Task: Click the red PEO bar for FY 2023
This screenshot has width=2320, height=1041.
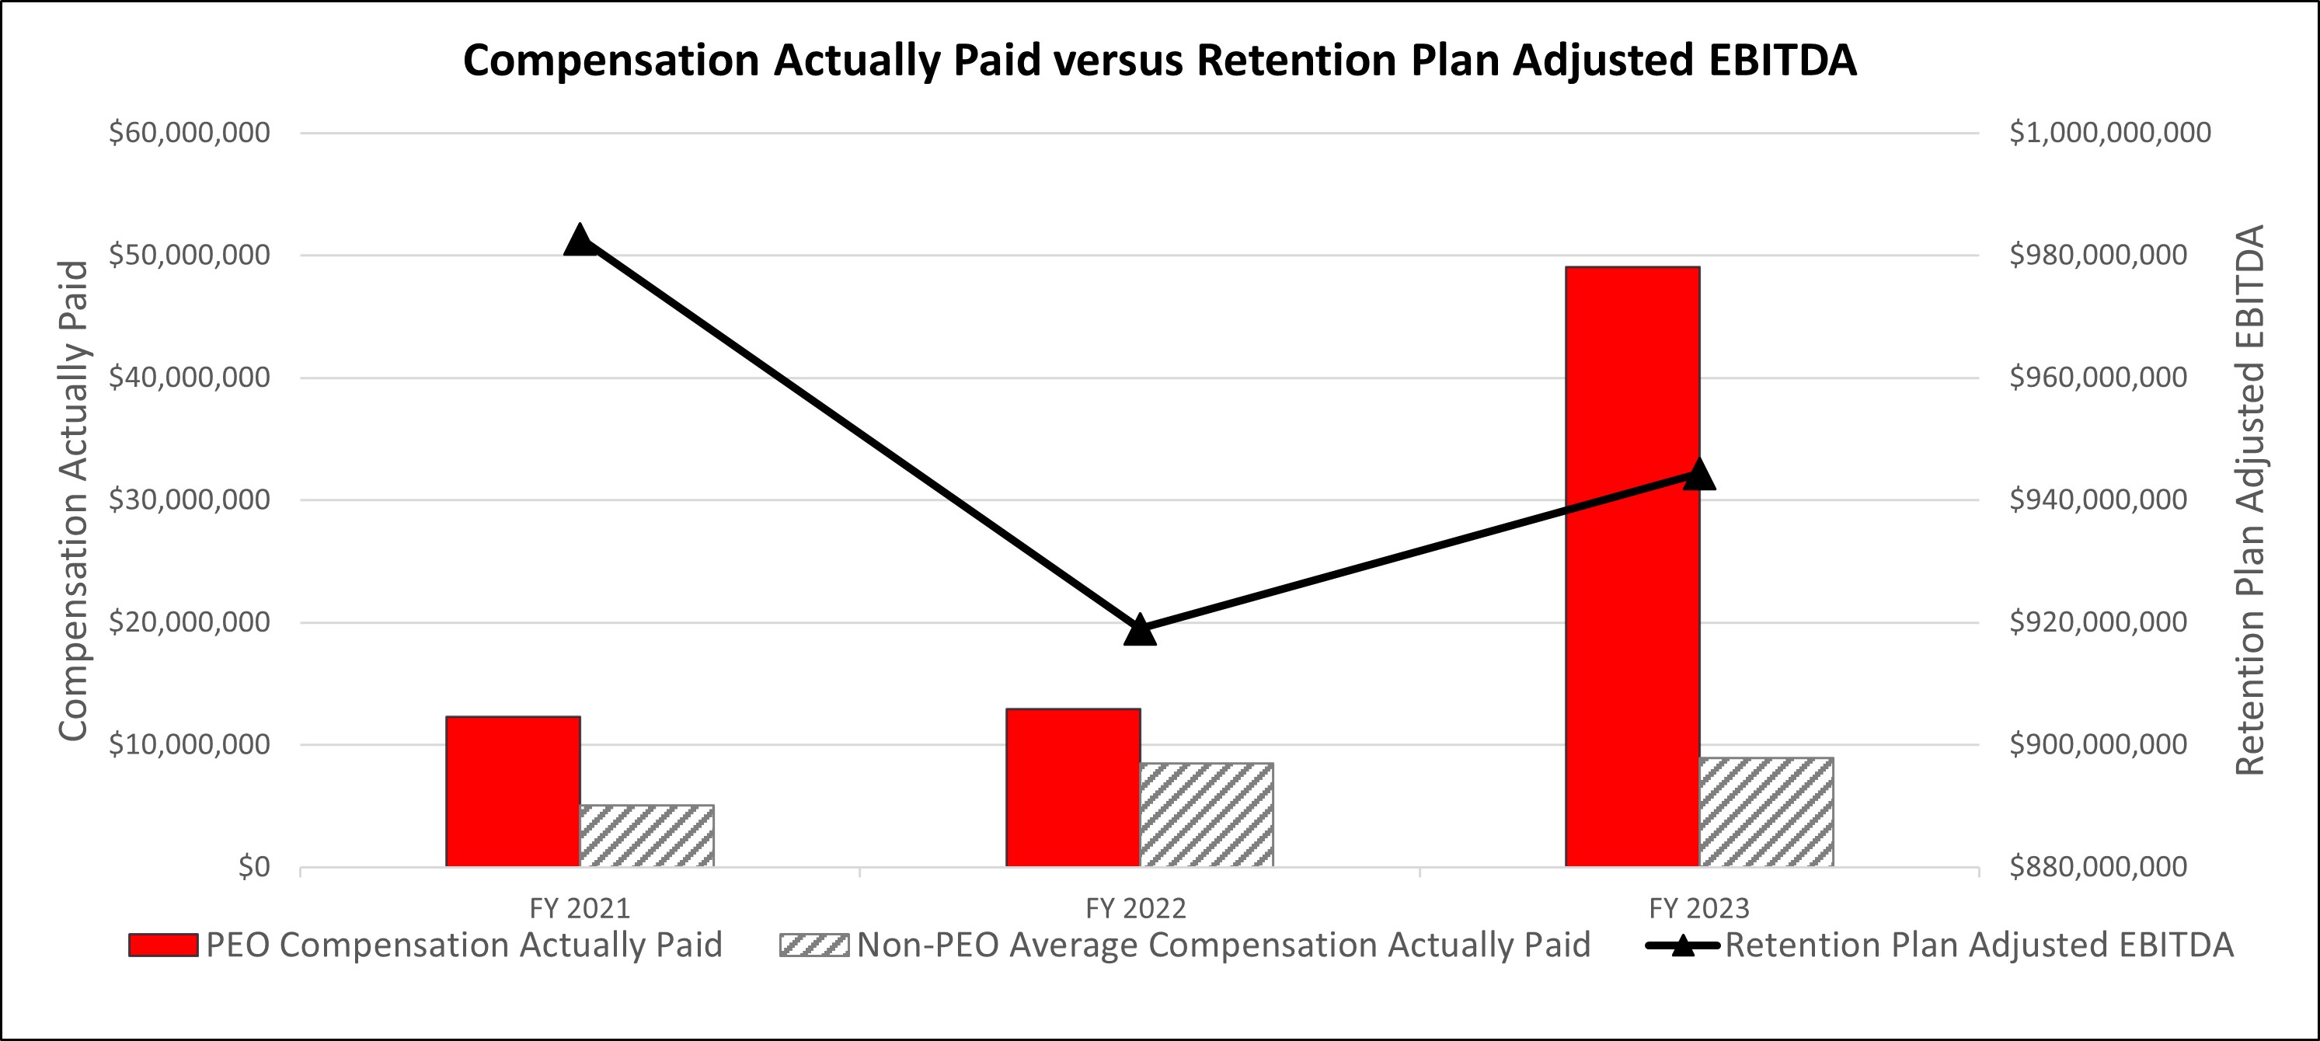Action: [x=1632, y=630]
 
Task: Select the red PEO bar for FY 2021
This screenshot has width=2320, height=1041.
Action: [x=513, y=792]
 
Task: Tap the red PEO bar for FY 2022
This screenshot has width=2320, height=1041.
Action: [x=1073, y=788]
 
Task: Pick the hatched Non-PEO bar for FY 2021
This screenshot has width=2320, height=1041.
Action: [x=646, y=837]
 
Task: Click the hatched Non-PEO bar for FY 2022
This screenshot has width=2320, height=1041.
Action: [x=1207, y=816]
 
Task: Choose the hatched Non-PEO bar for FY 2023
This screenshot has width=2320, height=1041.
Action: [x=1766, y=813]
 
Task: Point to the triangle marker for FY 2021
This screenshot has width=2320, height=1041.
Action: [x=580, y=240]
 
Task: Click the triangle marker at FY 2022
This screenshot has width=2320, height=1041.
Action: [x=1140, y=630]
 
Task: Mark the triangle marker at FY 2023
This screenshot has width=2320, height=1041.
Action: [x=1698, y=475]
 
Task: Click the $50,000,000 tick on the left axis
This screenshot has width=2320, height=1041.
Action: [x=189, y=256]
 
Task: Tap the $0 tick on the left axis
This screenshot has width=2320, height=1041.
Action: [x=254, y=867]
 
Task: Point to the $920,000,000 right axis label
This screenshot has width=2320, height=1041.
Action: [x=2098, y=622]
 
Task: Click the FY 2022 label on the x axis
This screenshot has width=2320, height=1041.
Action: [x=1136, y=909]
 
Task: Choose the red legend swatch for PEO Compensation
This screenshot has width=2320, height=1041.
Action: [x=163, y=945]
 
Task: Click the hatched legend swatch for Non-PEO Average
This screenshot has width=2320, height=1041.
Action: [x=814, y=945]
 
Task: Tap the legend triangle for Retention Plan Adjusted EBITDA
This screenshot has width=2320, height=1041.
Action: [x=1681, y=945]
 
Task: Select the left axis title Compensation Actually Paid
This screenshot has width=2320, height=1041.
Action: [x=74, y=500]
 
